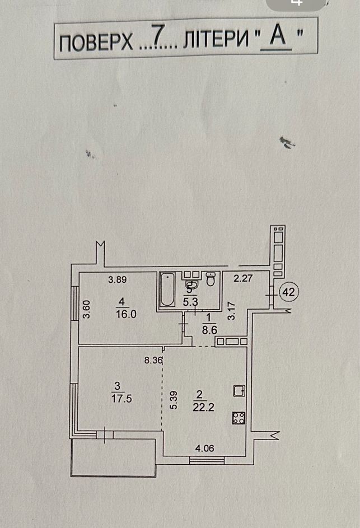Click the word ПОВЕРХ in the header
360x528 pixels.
tap(96, 43)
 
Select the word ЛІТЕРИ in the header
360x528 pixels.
tap(216, 39)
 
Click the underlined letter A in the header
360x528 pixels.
tap(278, 35)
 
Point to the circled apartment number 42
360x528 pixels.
tap(288, 292)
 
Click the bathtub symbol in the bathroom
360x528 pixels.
tap(167, 289)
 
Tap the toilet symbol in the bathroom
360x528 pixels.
tap(211, 279)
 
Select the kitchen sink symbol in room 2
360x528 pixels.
tap(239, 391)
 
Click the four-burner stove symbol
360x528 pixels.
tap(239, 418)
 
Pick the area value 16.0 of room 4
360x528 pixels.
tap(126, 314)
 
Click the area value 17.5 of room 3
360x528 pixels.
tap(121, 398)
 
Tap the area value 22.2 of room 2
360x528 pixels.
tap(203, 407)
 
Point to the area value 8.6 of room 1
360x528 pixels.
tap(209, 330)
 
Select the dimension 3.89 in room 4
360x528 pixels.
tap(117, 279)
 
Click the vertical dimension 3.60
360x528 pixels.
tap(87, 310)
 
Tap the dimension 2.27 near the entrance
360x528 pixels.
tap(243, 278)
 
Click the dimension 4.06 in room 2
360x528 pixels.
tap(205, 448)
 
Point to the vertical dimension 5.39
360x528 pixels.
tap(174, 400)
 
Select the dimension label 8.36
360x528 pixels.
tap(153, 361)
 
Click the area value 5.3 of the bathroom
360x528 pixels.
tap(190, 302)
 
